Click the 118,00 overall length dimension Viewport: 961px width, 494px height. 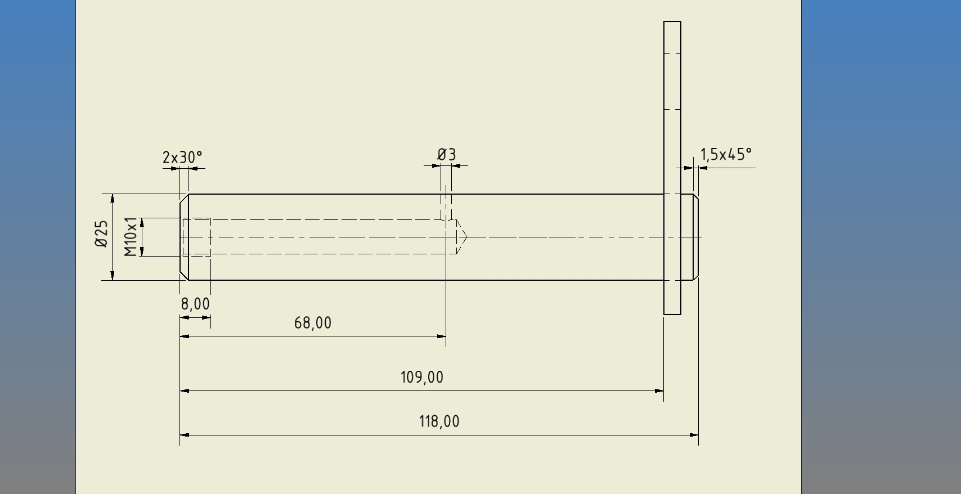[439, 421]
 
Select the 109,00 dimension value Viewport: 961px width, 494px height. [422, 378]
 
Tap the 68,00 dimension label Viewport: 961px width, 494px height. [313, 323]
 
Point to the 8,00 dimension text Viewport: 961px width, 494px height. [195, 304]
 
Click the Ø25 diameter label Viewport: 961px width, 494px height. [101, 233]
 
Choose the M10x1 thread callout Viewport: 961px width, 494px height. [131, 236]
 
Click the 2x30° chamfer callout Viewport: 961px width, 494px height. [182, 158]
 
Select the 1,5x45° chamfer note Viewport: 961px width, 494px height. [726, 155]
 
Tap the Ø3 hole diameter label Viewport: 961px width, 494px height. [447, 155]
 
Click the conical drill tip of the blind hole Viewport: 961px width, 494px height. [461, 237]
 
